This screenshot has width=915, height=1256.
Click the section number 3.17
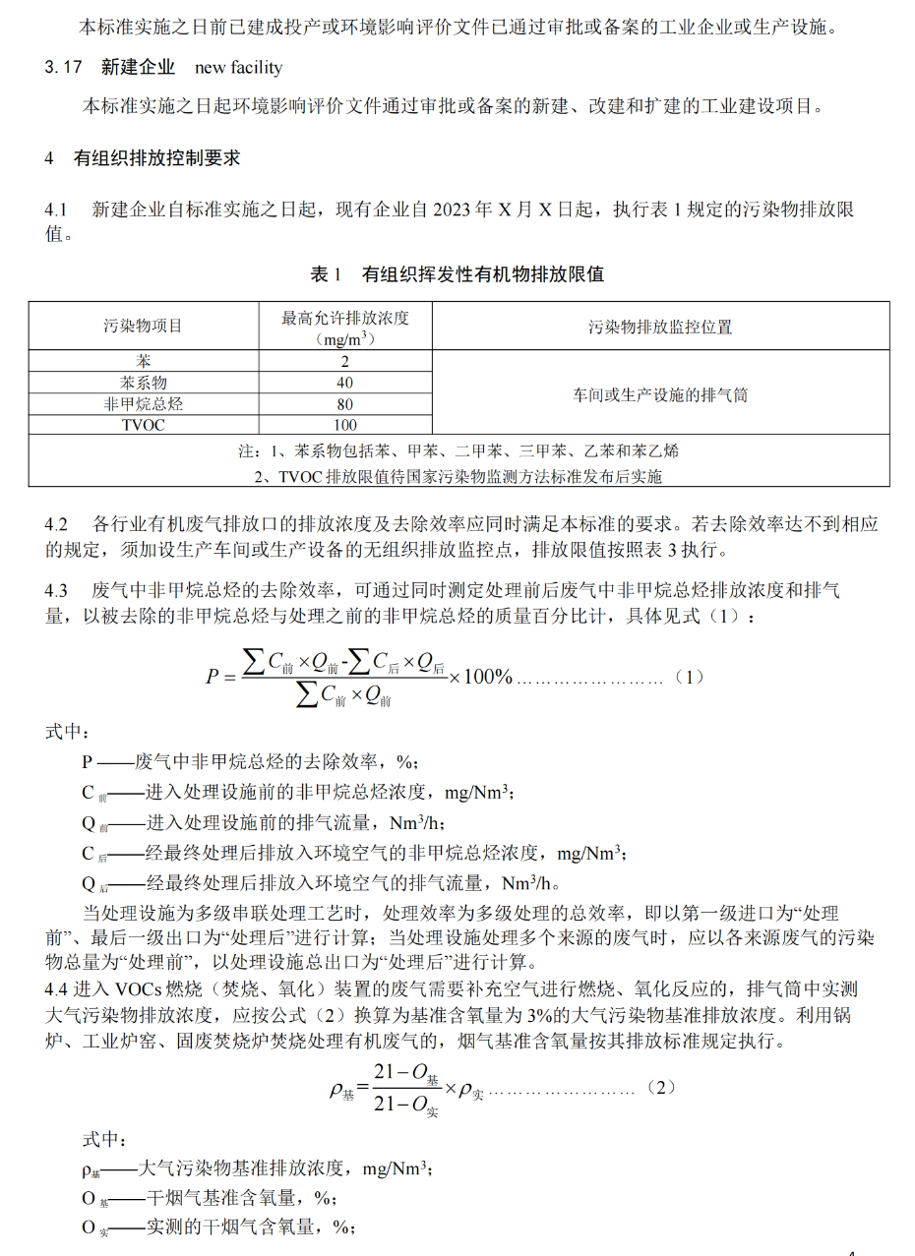[x=61, y=68]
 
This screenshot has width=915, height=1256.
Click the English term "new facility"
[x=238, y=68]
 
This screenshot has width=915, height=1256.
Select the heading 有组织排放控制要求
[x=157, y=157]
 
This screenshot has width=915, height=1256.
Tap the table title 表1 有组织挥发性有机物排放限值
[x=457, y=274]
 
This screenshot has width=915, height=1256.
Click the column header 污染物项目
[x=144, y=327]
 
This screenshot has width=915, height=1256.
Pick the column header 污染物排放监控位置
[x=660, y=327]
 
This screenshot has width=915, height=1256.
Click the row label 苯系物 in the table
[x=144, y=382]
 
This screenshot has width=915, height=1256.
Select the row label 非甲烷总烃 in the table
[x=144, y=403]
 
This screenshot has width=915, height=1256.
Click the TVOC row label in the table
[x=144, y=425]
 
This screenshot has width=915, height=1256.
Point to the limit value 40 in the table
[x=344, y=382]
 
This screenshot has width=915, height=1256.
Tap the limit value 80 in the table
[x=344, y=403]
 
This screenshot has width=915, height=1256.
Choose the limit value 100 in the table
[x=344, y=425]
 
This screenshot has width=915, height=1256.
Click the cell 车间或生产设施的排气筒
[x=660, y=393]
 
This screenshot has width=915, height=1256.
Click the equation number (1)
[x=692, y=678]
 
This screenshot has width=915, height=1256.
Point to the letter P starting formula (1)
[x=212, y=677]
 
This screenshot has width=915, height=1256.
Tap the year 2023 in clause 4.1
[x=452, y=210]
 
